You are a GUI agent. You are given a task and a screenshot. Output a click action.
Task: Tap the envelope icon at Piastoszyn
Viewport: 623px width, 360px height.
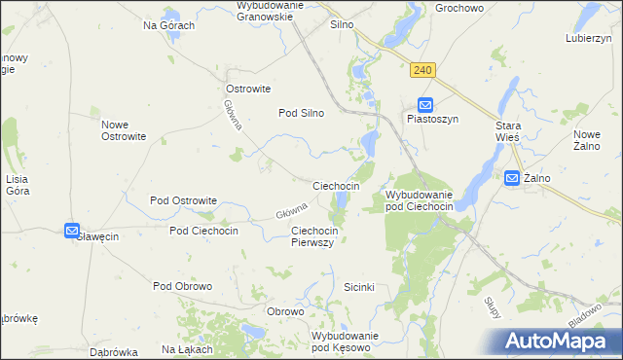click(x=425, y=105)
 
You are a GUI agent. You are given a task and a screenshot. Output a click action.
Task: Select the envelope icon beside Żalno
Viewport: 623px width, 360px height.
click(x=512, y=177)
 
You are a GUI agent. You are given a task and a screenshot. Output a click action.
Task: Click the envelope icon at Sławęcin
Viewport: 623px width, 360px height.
click(x=72, y=231)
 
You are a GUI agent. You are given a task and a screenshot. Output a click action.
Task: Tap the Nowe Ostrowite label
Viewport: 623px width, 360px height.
click(x=124, y=130)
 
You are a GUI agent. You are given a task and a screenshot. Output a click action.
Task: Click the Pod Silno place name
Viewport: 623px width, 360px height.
click(x=302, y=113)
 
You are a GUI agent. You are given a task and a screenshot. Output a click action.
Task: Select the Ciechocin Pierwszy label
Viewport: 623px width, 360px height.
click(x=313, y=236)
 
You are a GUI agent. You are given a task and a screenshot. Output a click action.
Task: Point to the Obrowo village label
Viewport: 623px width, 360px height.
click(x=286, y=311)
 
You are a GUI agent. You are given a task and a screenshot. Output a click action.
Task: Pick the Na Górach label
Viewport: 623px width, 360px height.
click(x=169, y=25)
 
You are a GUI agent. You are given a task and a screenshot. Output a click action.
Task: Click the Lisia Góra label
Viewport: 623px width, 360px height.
click(x=18, y=185)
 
